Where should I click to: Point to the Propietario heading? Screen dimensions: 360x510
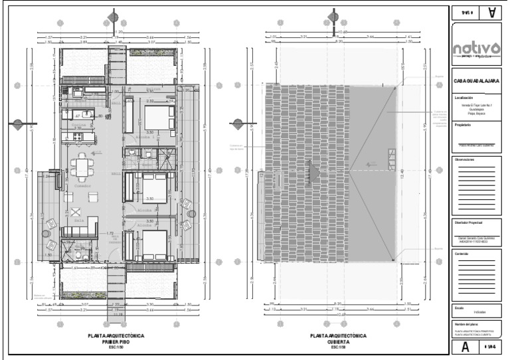(463, 124)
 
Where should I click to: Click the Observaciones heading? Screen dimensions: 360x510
(467, 159)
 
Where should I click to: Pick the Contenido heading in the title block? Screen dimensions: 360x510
(462, 253)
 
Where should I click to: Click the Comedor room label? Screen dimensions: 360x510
(82, 187)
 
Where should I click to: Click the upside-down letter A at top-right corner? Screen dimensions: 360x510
(491, 12)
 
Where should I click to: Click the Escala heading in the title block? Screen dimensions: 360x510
(459, 308)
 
